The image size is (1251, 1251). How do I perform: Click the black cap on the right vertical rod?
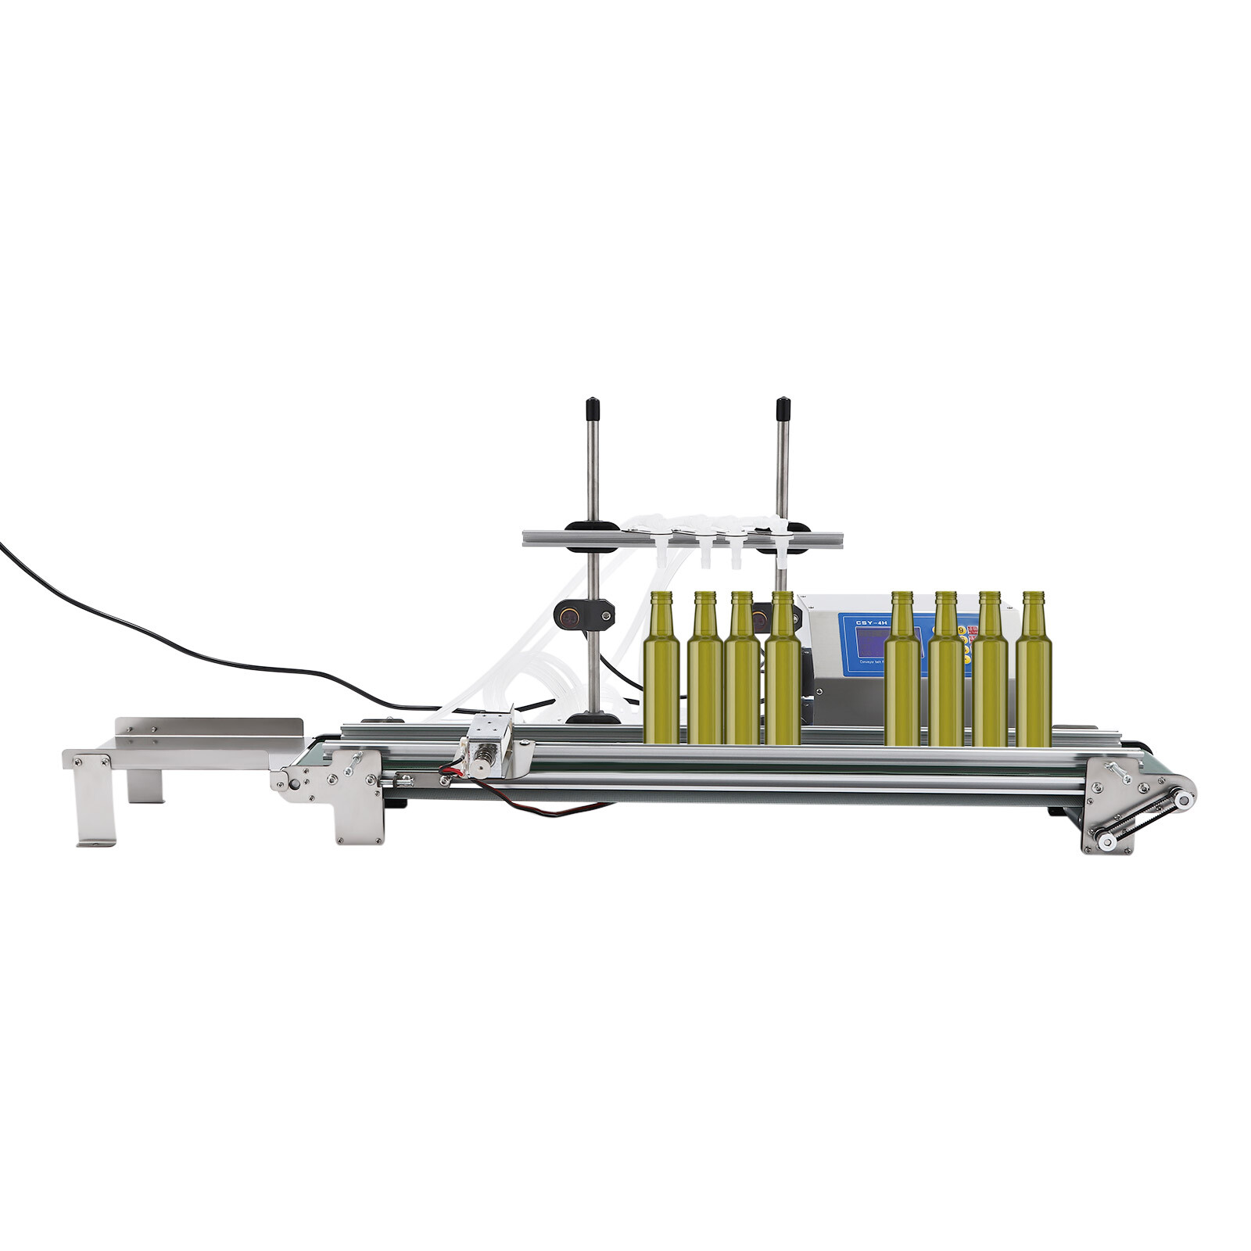click(781, 408)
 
